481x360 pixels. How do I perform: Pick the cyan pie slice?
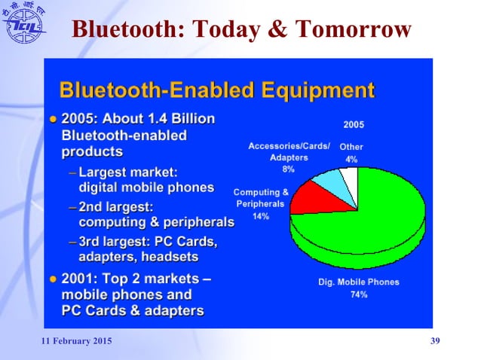(329, 181)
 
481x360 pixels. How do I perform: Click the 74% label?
(359, 294)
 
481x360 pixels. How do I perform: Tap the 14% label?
(261, 216)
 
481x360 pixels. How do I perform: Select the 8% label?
(288, 169)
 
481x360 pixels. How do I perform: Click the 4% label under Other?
(351, 160)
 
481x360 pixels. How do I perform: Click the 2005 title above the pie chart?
(353, 124)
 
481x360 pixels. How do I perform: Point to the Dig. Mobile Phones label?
(359, 282)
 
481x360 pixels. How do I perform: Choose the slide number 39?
(434, 343)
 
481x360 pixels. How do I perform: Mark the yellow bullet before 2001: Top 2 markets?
(53, 279)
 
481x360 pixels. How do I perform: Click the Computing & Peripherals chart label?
(261, 198)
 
